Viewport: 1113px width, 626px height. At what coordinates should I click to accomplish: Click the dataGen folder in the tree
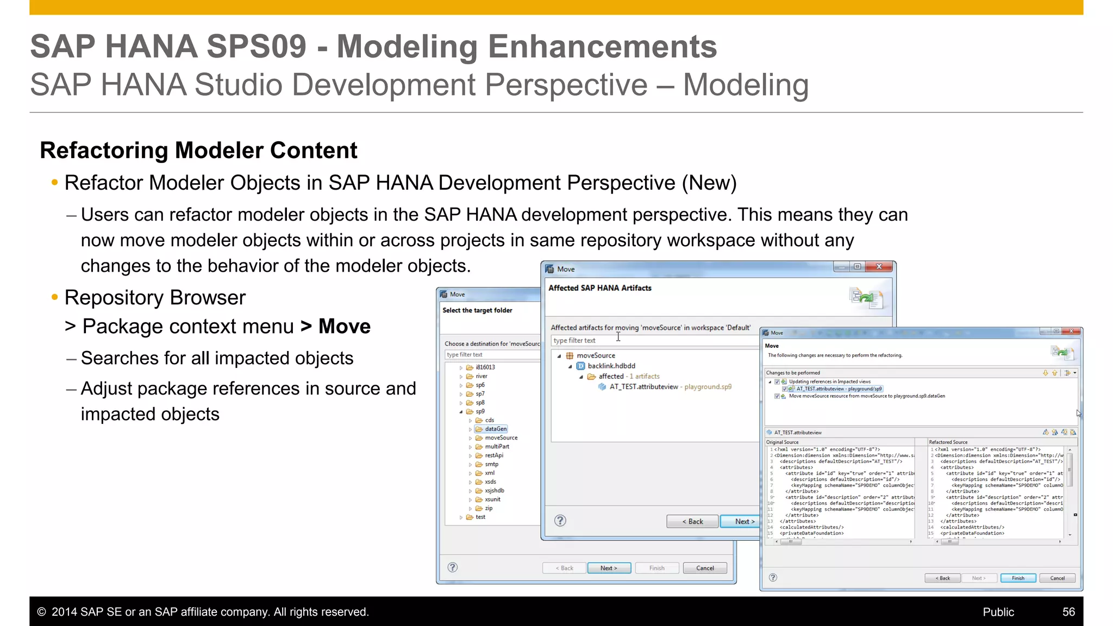(496, 429)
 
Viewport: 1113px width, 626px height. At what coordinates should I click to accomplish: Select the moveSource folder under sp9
(501, 437)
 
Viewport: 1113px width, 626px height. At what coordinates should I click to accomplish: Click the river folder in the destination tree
(482, 376)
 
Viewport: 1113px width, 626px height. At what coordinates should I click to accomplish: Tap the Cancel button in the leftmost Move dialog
(705, 568)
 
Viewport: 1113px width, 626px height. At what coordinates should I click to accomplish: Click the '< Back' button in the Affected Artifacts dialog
(692, 521)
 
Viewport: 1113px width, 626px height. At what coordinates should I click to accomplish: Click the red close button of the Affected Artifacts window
(879, 267)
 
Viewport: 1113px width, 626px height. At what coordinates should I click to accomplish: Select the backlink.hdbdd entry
(611, 366)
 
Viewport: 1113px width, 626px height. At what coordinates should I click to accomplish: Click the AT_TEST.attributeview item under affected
(643, 386)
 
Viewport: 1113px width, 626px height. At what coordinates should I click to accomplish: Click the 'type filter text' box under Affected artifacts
(652, 340)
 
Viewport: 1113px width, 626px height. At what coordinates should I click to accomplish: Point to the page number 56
(1068, 612)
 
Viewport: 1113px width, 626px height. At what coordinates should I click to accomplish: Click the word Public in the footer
(998, 612)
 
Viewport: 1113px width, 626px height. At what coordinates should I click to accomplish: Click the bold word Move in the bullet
(345, 326)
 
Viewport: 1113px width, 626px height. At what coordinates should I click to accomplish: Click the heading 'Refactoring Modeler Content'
(198, 151)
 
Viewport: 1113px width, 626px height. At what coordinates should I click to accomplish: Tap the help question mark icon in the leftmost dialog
(452, 567)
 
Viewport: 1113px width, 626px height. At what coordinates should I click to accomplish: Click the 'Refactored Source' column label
(948, 442)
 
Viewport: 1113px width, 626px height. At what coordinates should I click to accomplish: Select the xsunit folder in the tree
(492, 499)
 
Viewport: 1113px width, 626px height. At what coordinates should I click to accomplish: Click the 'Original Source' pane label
(782, 442)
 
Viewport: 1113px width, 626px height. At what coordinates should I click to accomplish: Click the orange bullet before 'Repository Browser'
(54, 297)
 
